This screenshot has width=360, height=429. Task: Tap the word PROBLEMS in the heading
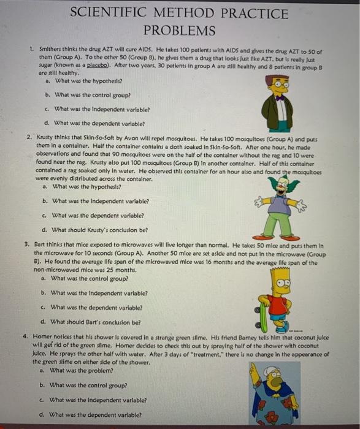179,30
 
